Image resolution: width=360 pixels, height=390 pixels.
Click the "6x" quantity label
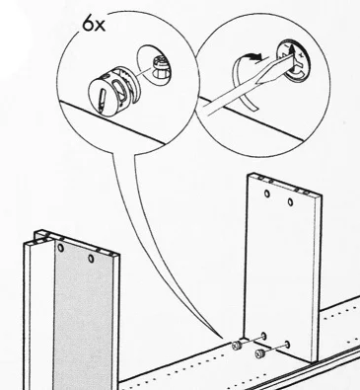(94, 25)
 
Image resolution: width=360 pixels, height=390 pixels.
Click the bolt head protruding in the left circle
(161, 67)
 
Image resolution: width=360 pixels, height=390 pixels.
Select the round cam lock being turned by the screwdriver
(293, 60)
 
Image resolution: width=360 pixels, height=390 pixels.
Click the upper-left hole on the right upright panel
(267, 194)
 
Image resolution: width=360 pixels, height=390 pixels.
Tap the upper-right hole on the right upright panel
(290, 201)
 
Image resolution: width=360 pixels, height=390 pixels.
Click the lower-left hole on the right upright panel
(263, 336)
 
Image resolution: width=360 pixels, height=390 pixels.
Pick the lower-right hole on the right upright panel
(287, 345)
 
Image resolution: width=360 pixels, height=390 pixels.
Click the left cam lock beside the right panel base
(237, 346)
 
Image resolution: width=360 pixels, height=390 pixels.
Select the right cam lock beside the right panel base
(259, 354)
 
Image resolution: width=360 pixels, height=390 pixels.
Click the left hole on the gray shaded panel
(60, 248)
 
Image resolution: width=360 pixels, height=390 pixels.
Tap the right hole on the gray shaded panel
(91, 259)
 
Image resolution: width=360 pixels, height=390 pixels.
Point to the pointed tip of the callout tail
(222, 337)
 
